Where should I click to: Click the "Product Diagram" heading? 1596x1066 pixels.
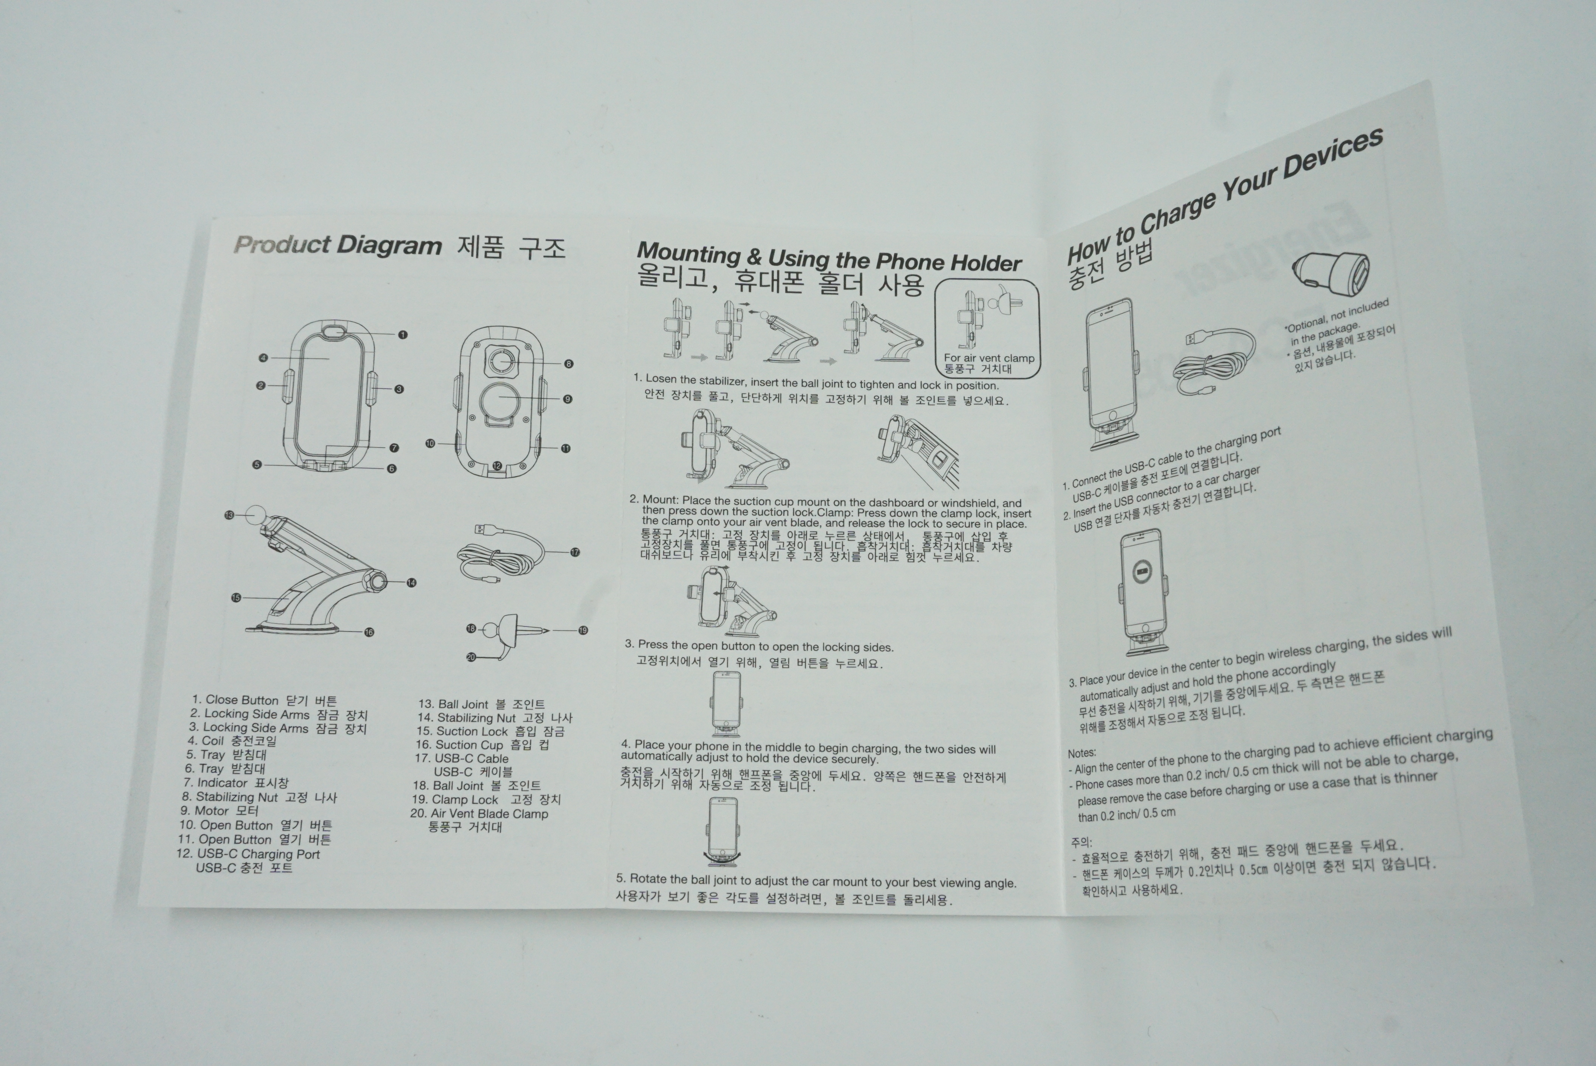pyautogui.click(x=338, y=245)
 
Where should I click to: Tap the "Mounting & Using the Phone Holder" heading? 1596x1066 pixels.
pyautogui.click(x=828, y=258)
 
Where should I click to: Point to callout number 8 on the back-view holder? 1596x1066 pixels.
pyautogui.click(x=569, y=364)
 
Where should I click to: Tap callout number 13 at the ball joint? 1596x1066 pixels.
pyautogui.click(x=229, y=515)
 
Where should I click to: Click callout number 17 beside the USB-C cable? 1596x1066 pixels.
pyautogui.click(x=575, y=552)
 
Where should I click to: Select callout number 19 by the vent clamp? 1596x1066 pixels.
pyautogui.click(x=583, y=630)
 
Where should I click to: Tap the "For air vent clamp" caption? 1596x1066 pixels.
pyautogui.click(x=989, y=358)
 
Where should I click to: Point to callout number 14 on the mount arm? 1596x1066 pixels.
pyautogui.click(x=411, y=583)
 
